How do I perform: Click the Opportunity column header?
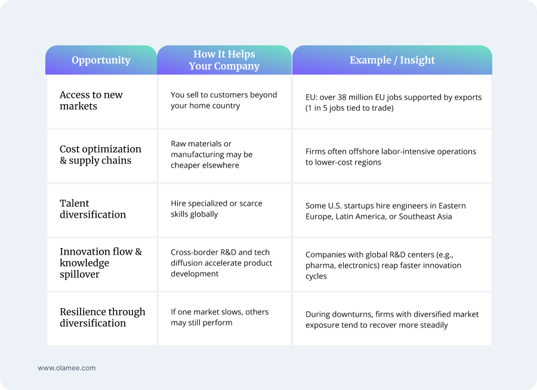tap(101, 60)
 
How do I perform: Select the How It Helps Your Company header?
tap(224, 60)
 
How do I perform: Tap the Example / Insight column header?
tap(392, 60)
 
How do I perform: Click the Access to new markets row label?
tap(91, 100)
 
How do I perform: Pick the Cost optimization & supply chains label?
tap(100, 154)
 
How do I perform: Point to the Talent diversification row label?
tap(92, 209)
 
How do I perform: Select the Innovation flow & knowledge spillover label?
tap(101, 263)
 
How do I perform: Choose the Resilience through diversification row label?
tap(102, 317)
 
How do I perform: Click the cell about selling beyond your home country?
tap(224, 100)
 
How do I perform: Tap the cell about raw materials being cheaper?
tap(212, 154)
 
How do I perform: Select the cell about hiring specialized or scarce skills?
tap(217, 209)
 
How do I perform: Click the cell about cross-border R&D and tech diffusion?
tap(221, 263)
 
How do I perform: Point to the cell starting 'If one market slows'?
tap(220, 317)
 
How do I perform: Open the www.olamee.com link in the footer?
tap(66, 368)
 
